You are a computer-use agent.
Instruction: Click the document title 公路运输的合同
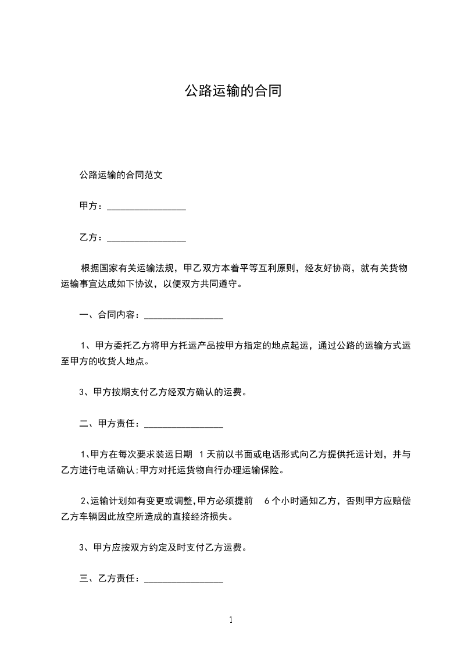coord(233,91)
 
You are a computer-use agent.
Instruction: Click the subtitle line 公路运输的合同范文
coord(120,174)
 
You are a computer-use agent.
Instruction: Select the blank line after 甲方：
coord(146,207)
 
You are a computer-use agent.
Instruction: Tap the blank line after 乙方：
coord(146,238)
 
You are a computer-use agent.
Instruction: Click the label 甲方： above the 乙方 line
coord(91,206)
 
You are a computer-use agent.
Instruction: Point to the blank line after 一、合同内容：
coord(183,316)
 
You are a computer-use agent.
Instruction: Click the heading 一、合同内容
coord(108,315)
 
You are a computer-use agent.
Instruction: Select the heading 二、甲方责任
coord(108,424)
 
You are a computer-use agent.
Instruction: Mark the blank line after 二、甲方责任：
coord(183,425)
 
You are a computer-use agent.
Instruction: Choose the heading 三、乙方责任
coord(108,579)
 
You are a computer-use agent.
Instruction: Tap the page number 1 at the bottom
coord(231,620)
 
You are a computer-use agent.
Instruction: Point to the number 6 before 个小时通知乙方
coord(266,501)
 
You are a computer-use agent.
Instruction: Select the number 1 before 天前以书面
coord(201,454)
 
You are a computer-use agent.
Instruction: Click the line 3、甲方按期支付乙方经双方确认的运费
coord(163,392)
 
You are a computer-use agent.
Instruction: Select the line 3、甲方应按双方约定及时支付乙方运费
coord(163,548)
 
